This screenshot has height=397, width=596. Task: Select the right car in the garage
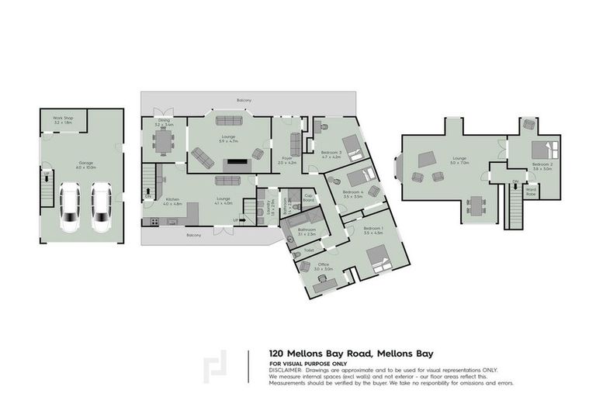[101, 207]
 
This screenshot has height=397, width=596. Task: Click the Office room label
[323, 266]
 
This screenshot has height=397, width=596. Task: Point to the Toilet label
[308, 250]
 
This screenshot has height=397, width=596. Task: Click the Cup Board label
[308, 197]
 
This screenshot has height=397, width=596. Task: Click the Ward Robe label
[532, 190]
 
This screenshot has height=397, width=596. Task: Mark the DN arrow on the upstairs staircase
[515, 181]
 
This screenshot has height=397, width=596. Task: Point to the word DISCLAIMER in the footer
[286, 370]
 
